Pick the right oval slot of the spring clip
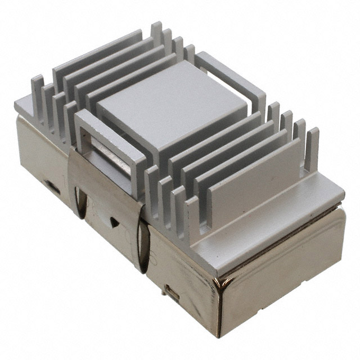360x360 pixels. coord(144,247)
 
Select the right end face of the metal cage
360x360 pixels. coord(281,270)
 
